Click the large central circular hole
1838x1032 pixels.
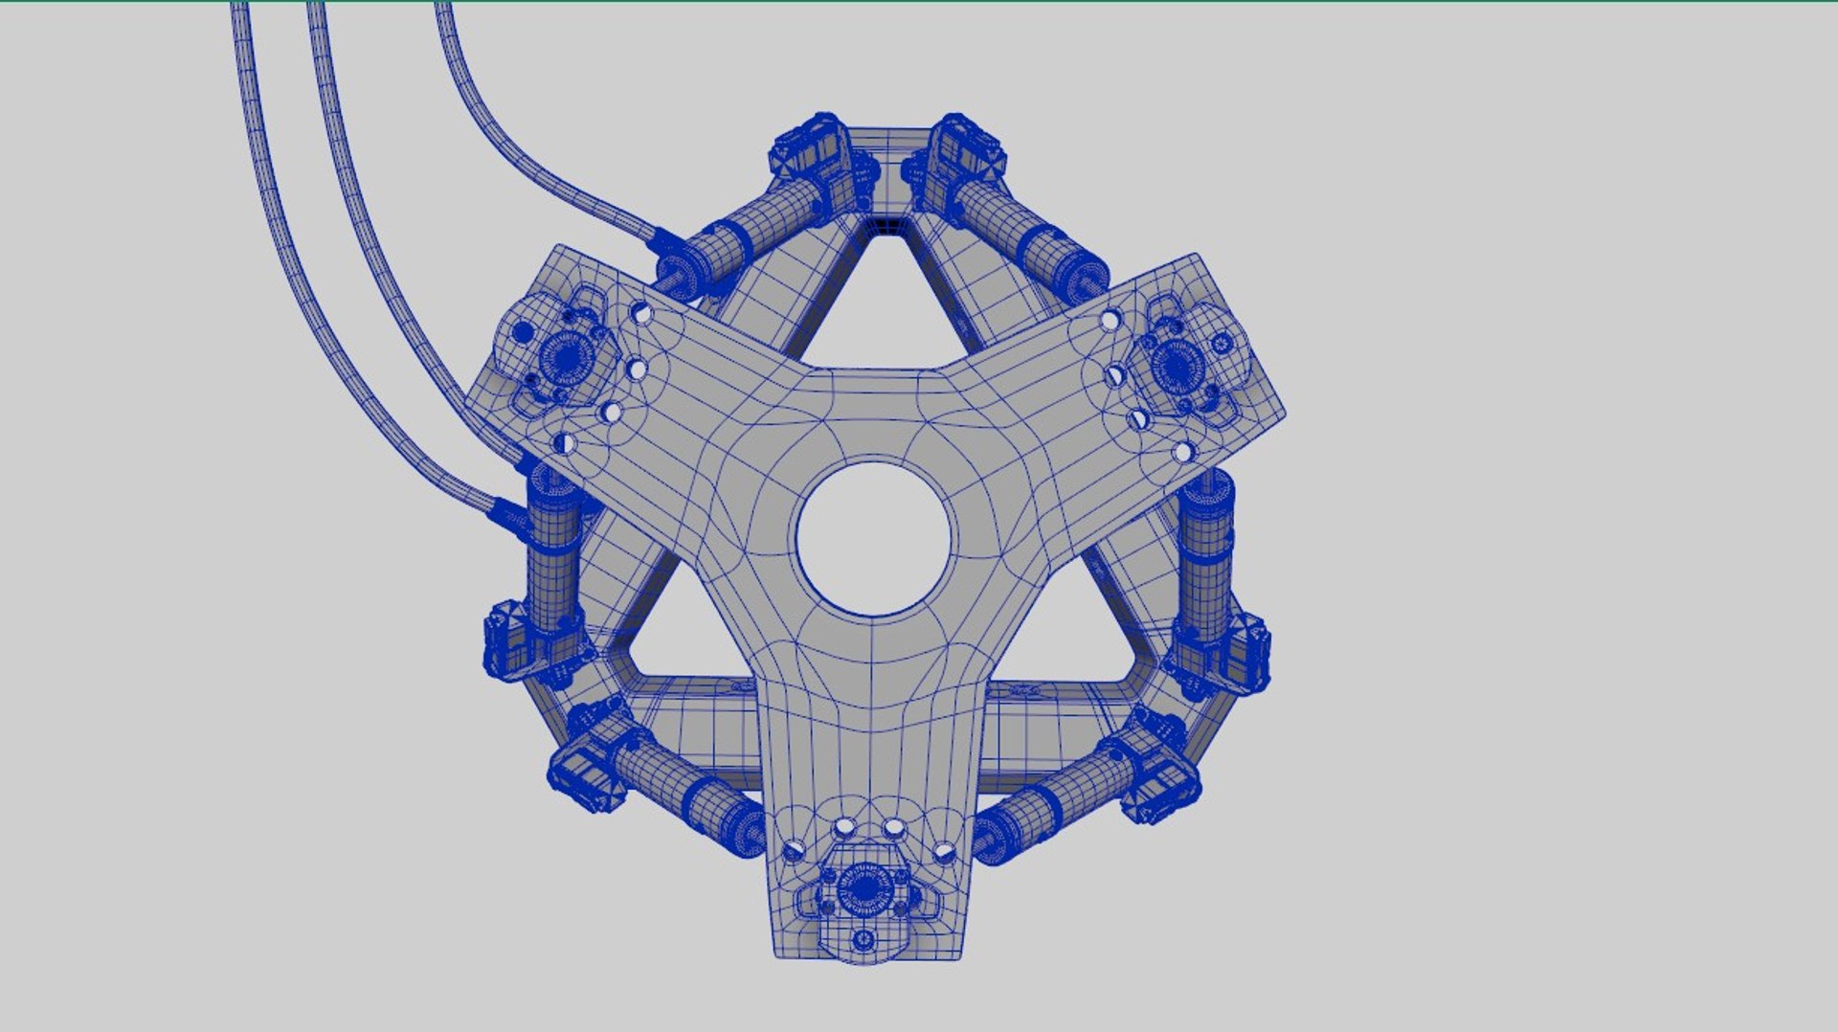(873, 539)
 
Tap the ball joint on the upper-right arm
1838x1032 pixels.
(1175, 363)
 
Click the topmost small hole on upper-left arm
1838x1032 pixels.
(641, 312)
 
